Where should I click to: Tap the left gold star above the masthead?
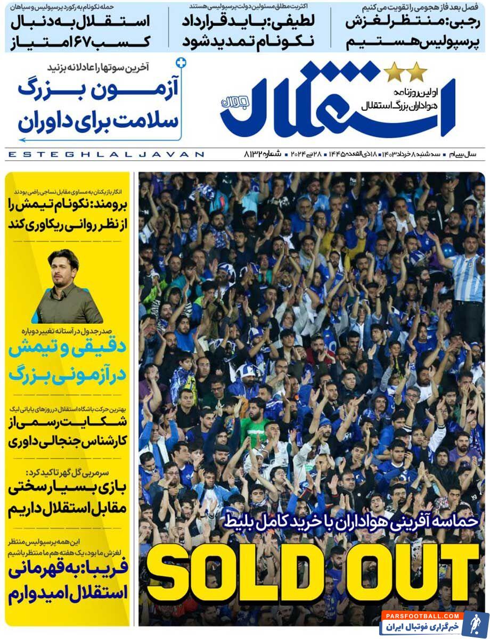pos(394,72)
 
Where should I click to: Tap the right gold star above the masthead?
pos(416,72)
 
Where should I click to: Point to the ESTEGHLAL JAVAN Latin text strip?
pos(107,154)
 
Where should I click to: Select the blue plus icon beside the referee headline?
pos(182,63)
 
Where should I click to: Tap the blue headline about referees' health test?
pos(99,106)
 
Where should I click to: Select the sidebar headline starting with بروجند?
pos(68,213)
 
